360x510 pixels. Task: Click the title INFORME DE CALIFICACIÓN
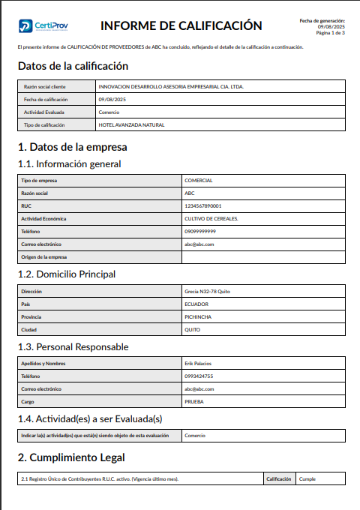pyautogui.click(x=181, y=26)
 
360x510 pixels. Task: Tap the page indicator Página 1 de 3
pyautogui.click(x=330, y=33)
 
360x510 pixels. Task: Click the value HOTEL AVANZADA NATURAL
pyautogui.click(x=131, y=124)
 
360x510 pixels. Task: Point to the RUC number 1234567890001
pyautogui.click(x=202, y=205)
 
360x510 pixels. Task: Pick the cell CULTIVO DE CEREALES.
pyautogui.click(x=211, y=218)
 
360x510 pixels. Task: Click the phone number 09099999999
pyautogui.click(x=199, y=231)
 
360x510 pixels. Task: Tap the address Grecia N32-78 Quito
pyautogui.click(x=206, y=290)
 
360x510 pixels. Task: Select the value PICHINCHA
pyautogui.click(x=198, y=316)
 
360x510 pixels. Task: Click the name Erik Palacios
pyautogui.click(x=199, y=363)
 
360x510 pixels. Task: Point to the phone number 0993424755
pyautogui.click(x=199, y=376)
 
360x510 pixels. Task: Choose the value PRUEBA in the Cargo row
pyautogui.click(x=194, y=401)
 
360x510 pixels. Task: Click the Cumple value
pyautogui.click(x=307, y=478)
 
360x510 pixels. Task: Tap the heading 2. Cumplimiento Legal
pyautogui.click(x=71, y=457)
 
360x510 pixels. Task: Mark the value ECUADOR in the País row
pyautogui.click(x=196, y=304)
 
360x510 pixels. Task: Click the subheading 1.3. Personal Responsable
pyautogui.click(x=73, y=346)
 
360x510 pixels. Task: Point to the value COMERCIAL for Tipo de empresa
pyautogui.click(x=199, y=180)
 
